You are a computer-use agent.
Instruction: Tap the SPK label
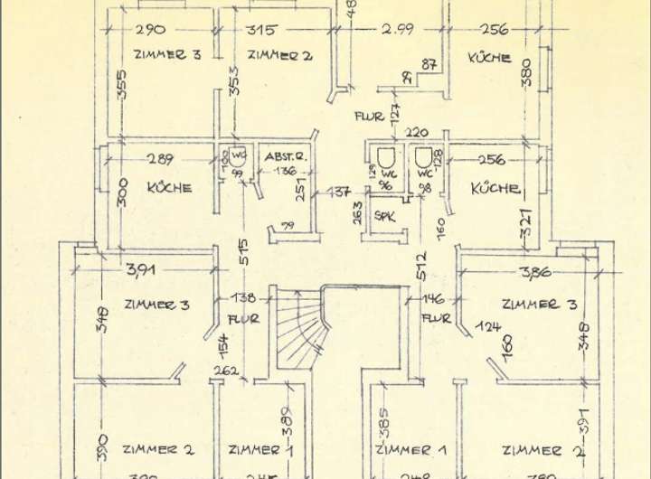385,217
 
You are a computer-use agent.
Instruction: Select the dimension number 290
150,30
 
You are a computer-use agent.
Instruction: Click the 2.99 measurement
397,29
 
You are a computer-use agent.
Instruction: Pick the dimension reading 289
160,160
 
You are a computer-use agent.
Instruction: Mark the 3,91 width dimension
141,269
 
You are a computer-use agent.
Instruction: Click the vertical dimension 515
242,252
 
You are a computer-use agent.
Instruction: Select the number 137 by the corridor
339,192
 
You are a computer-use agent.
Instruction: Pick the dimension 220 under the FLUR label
416,133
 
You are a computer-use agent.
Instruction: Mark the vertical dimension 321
526,223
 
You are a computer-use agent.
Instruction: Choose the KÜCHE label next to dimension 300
169,188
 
